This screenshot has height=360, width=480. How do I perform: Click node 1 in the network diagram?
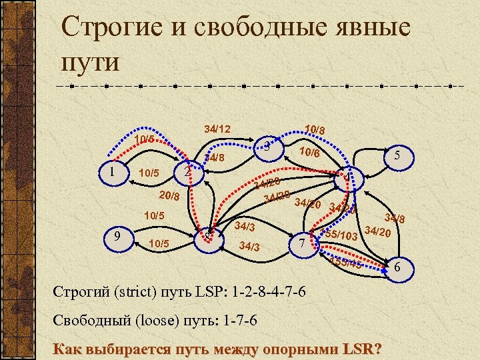(113, 171)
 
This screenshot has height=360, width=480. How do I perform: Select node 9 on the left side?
(117, 236)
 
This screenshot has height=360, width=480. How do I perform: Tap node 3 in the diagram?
(266, 147)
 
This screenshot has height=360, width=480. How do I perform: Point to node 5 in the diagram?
(397, 155)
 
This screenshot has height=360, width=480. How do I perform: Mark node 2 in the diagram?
(188, 172)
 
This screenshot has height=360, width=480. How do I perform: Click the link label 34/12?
(217, 128)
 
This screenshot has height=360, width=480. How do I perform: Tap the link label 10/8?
(314, 129)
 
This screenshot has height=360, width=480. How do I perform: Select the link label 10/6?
(309, 153)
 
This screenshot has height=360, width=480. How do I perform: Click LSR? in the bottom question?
(358, 349)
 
